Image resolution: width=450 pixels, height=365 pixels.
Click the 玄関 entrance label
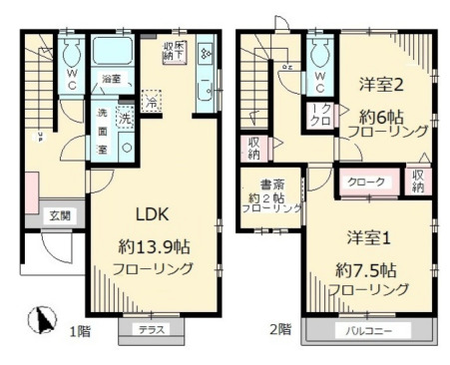click(x=60, y=215)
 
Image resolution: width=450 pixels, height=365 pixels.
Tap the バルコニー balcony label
click(x=370, y=329)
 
